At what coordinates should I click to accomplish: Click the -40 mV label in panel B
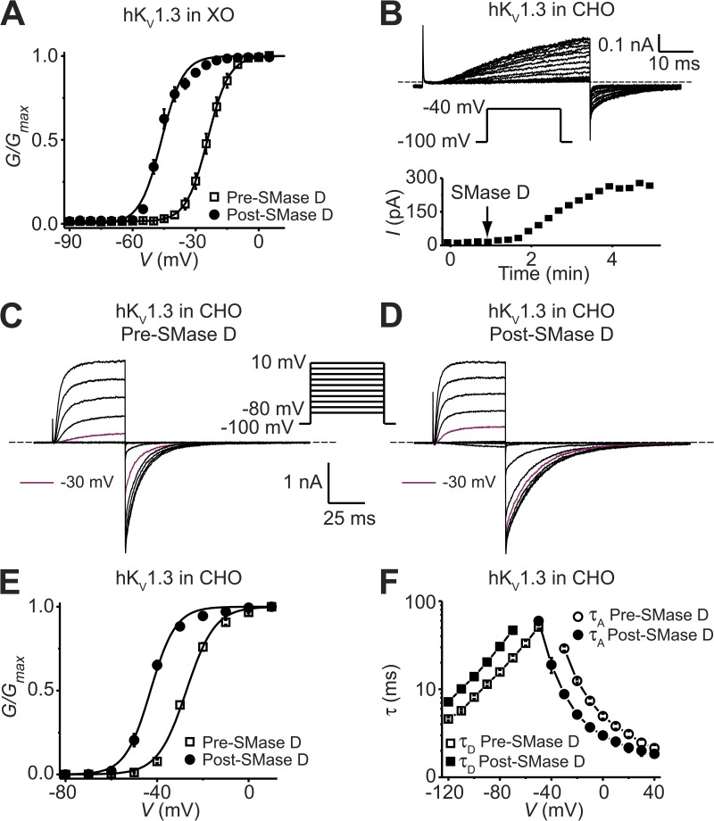coord(455,107)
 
